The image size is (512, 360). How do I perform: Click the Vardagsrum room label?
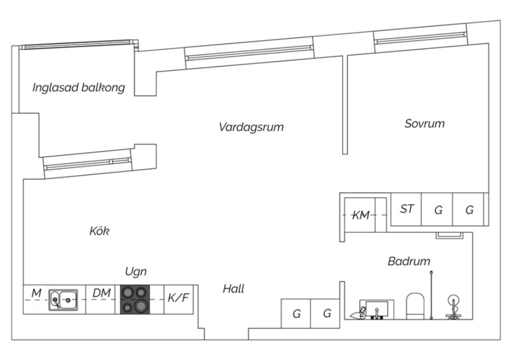[x=251, y=127]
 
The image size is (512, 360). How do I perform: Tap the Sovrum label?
[x=425, y=124]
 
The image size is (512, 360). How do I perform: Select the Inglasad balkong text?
[x=79, y=87]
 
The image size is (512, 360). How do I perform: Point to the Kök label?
[x=99, y=231]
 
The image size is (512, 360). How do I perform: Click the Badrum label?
[x=409, y=261]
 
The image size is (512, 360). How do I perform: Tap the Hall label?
[x=233, y=289]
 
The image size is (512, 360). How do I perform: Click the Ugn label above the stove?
[x=136, y=272]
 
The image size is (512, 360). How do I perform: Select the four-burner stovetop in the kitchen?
[x=135, y=300]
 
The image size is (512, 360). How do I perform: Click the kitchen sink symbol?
[x=63, y=300]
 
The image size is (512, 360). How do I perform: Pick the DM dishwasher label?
[x=101, y=293]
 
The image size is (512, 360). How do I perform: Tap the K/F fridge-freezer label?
[x=178, y=298]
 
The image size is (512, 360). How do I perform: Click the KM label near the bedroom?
[x=361, y=215]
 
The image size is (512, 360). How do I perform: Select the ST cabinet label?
[x=407, y=209]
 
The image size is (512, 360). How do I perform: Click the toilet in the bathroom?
[x=415, y=306]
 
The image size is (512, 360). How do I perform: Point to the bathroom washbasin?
[x=376, y=309]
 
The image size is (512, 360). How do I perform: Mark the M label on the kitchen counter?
[x=37, y=293]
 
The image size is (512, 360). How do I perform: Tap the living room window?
[x=250, y=53]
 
